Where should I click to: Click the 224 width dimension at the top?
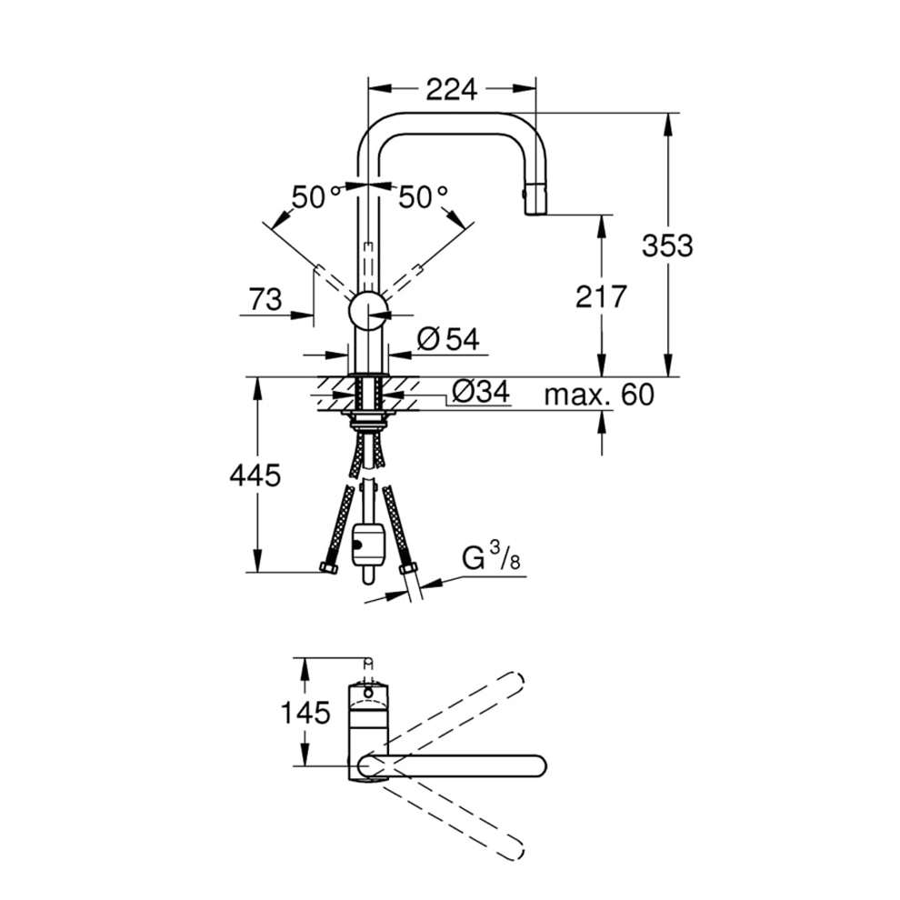pyautogui.click(x=451, y=89)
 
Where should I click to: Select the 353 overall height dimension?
pyautogui.click(x=667, y=245)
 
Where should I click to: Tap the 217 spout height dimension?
pyautogui.click(x=601, y=296)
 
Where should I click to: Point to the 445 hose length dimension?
pyautogui.click(x=255, y=475)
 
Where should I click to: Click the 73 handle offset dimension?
pyautogui.click(x=265, y=300)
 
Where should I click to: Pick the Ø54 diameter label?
pyautogui.click(x=448, y=339)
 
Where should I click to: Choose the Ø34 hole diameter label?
pyautogui.click(x=481, y=392)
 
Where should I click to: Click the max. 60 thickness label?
pyautogui.click(x=599, y=395)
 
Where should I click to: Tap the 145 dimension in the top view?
pyautogui.click(x=305, y=713)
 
